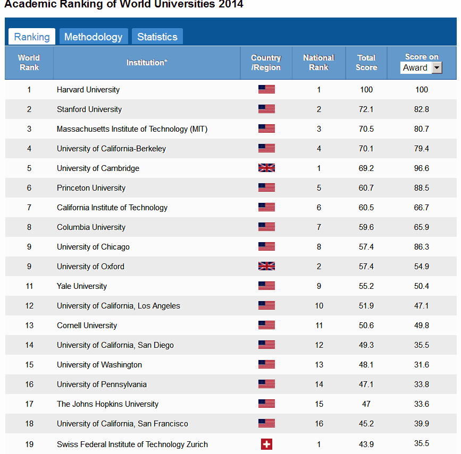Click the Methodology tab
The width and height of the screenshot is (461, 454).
coord(93,37)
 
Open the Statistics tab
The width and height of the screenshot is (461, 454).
coord(157,37)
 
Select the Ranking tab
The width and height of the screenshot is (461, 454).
coord(32,37)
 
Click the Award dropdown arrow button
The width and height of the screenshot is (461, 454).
coord(437,67)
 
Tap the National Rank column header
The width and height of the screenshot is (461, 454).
coord(318,63)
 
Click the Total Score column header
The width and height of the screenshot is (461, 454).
coord(366,63)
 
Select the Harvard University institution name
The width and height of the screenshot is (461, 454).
coord(88,90)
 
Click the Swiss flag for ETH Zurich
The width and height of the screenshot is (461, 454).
coord(266,444)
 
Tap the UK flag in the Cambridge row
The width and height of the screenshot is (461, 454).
coord(266,168)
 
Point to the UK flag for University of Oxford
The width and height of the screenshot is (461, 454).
coord(266,267)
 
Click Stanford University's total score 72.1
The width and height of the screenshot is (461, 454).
coord(366,109)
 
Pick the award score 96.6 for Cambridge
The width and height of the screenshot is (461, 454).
coord(422,168)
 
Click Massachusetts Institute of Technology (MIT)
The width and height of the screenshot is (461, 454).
coord(132,129)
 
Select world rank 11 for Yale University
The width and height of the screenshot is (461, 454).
coord(29,286)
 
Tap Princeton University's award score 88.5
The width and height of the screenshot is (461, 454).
coord(422,188)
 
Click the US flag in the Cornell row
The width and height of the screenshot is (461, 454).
coord(266,325)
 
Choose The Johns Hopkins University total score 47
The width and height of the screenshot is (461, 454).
coord(366,404)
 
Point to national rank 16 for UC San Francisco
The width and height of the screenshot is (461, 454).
coord(318,424)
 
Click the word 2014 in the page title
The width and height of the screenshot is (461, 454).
coord(230,4)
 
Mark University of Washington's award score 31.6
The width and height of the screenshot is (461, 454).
coord(422,365)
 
